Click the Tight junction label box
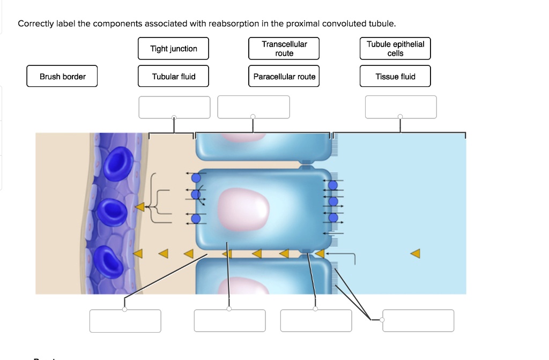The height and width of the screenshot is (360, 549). point(173,49)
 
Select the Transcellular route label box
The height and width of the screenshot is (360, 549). point(284,49)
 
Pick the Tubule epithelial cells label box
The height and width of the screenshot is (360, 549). point(395,49)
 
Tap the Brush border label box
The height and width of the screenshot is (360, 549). point(62,77)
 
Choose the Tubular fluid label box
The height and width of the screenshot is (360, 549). point(173,77)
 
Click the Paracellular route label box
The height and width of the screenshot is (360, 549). point(284,77)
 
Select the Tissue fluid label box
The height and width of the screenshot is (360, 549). point(395,77)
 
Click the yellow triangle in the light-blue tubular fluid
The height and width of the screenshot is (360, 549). point(416,253)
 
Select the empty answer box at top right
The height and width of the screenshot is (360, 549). point(400,107)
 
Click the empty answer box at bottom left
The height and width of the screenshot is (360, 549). point(125,321)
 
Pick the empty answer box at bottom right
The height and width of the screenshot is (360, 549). point(418,321)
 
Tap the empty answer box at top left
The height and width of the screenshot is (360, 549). point(174,107)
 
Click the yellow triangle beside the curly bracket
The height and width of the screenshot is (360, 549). point(139,206)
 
